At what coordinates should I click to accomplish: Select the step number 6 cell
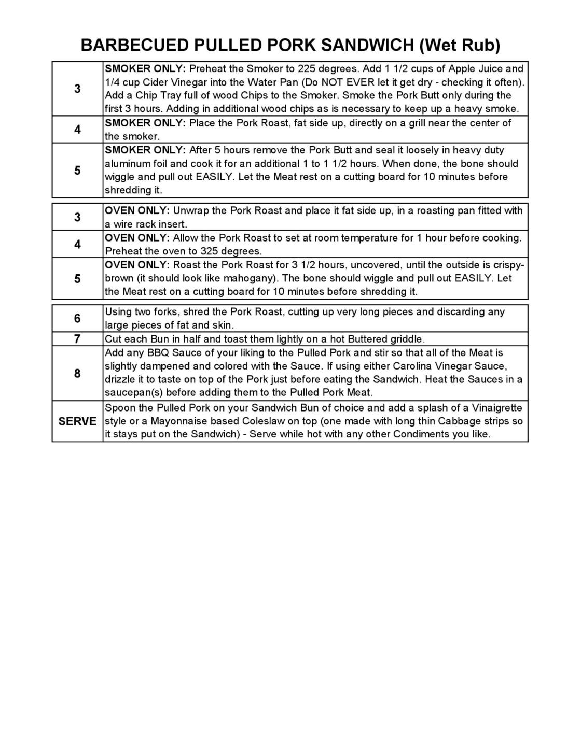pos(77,318)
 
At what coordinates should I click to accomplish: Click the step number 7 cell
pos(77,339)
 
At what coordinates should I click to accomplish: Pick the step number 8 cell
pos(77,373)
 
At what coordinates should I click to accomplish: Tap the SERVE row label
pos(77,421)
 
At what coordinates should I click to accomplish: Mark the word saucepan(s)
pos(134,392)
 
